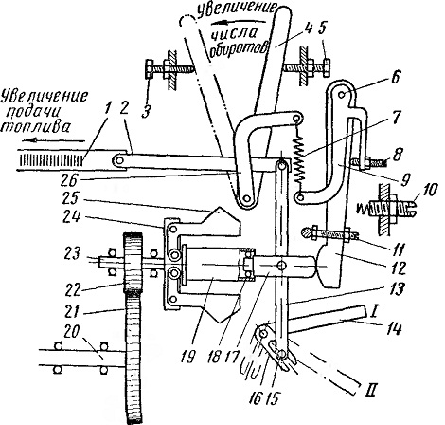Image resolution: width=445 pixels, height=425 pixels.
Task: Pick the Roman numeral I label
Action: [x=372, y=312]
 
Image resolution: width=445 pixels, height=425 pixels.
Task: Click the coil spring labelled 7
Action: [x=299, y=157]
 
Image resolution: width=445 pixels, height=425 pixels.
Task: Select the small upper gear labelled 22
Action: [x=133, y=263]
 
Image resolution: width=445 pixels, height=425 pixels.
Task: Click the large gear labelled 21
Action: [x=133, y=358]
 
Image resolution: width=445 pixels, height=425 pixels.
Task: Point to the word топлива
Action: [x=35, y=126]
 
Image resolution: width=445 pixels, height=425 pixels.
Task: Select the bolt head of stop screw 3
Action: [x=150, y=68]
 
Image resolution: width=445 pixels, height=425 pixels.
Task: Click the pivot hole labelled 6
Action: [x=341, y=94]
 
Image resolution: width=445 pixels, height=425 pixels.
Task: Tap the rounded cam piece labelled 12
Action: [x=329, y=268]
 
